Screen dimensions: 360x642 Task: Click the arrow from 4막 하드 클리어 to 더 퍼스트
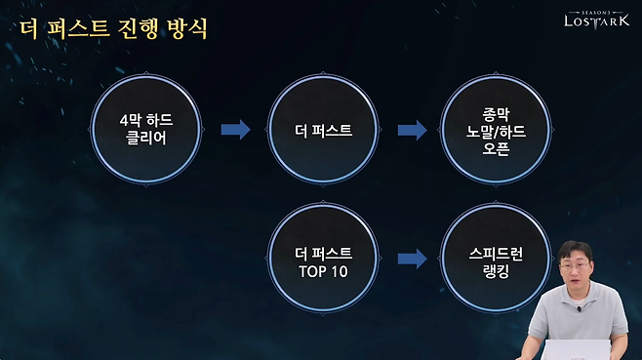236,129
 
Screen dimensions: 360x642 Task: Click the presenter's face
577,272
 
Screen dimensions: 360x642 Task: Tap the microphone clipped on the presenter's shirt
579,311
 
